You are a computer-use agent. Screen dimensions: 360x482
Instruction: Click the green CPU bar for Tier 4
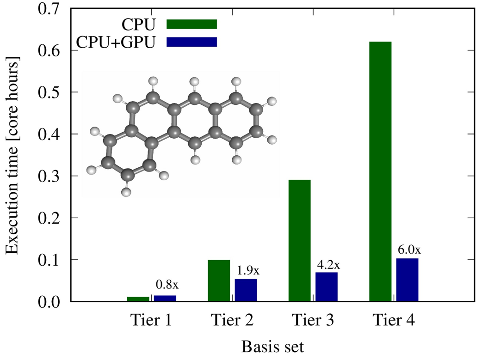click(380, 171)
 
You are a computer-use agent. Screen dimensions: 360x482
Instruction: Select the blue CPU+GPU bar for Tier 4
click(408, 280)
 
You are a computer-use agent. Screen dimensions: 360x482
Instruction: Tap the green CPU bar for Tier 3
click(299, 240)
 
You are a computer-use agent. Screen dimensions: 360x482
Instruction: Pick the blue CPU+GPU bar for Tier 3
click(327, 287)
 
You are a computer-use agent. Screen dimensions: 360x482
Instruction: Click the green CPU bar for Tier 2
click(219, 281)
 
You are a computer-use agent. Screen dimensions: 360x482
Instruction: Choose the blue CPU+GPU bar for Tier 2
click(246, 290)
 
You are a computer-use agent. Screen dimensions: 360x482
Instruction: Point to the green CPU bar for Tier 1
click(138, 299)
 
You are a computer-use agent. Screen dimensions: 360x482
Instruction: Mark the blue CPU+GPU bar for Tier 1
click(165, 299)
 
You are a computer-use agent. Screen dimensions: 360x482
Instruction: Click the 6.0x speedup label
click(409, 250)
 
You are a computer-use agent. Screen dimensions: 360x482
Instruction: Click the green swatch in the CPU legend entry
click(192, 24)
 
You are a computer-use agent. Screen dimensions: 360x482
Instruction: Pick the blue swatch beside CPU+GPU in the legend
click(192, 42)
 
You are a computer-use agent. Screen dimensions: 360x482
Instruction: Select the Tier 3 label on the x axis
click(313, 320)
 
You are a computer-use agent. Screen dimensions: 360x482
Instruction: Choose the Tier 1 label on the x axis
click(151, 320)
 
